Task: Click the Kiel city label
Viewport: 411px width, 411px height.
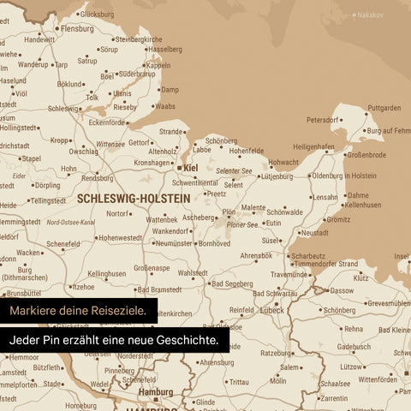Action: pos(190,168)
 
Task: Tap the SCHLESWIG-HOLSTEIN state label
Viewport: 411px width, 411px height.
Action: pos(133,197)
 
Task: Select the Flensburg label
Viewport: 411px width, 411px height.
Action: pos(77,28)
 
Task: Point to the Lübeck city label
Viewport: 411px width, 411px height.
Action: pos(273,310)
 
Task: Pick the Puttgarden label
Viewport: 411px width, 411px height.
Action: pos(384,108)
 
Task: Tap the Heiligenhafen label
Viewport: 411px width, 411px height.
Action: pos(313,146)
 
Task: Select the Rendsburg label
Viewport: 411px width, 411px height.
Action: pos(97,178)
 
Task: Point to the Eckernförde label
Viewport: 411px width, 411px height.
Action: pos(107,122)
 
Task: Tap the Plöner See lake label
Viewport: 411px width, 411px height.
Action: pos(241,224)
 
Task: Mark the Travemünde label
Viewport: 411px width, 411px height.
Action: pos(289,274)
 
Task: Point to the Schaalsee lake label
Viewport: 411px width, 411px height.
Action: pos(334,384)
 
